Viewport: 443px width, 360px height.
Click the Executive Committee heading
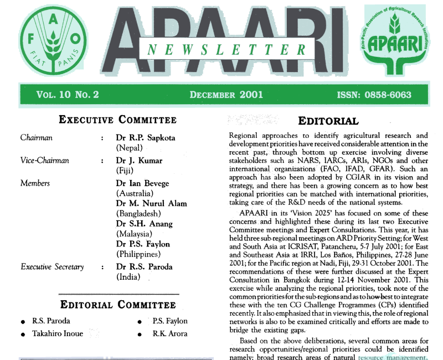118,120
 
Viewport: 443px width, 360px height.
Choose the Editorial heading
328,121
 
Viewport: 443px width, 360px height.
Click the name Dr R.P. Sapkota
145,137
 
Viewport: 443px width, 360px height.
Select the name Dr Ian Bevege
143,183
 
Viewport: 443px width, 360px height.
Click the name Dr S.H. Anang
144,224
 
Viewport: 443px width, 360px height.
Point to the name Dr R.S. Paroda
145,267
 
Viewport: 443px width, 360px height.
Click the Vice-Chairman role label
44,161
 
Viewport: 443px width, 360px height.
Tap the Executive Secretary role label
52,267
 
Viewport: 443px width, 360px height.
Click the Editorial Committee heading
118,304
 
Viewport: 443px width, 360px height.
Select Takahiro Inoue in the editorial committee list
58,333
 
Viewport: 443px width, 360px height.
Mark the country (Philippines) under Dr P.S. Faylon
140,254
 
